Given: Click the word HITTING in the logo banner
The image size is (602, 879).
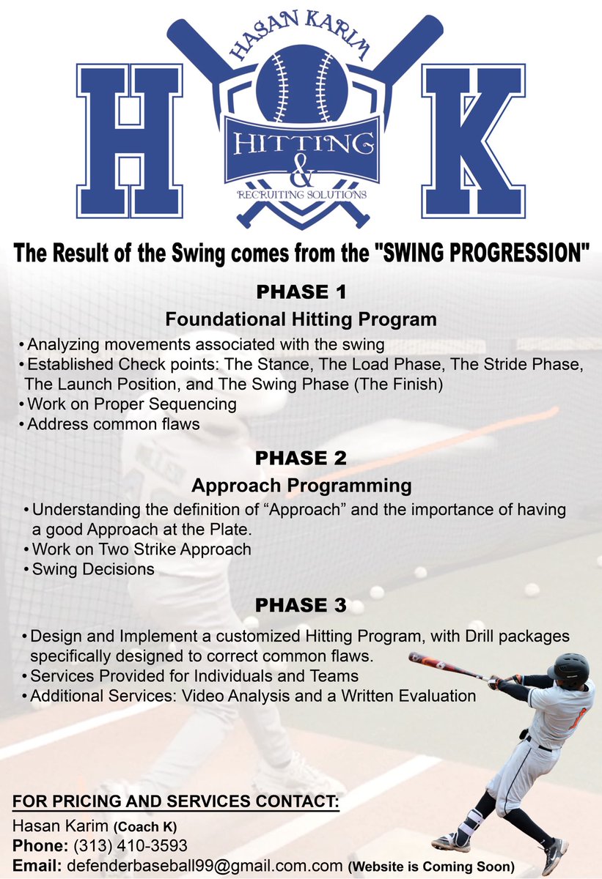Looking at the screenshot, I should tap(301, 142).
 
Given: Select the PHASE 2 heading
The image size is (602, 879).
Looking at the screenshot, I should tap(301, 459).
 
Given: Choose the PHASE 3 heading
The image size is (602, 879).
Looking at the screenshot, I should tap(301, 606).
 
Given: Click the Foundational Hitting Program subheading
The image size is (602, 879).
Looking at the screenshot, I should tap(301, 319).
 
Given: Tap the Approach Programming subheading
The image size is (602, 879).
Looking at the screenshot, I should tap(301, 485).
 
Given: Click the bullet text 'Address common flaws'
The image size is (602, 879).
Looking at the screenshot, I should tap(113, 424).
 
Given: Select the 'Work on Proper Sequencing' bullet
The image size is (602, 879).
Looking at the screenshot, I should tap(132, 404).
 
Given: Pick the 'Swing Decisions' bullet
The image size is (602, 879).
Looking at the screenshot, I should tap(93, 569).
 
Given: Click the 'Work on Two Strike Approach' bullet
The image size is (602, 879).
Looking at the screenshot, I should tap(142, 549).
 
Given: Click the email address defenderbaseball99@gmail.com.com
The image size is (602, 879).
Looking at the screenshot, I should tap(202, 865).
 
